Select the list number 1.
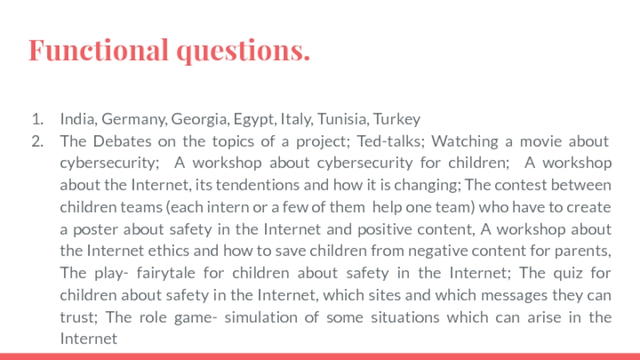click(36, 120)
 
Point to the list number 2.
click(36, 142)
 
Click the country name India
click(75, 120)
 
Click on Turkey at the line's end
click(397, 120)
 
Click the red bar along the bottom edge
click(320, 355)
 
